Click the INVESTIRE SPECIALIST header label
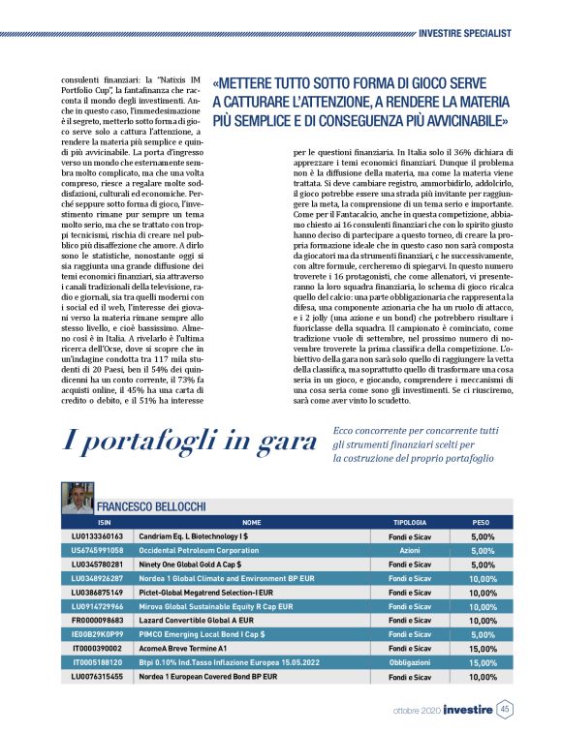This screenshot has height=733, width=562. (x=464, y=32)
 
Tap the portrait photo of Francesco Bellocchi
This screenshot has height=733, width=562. (x=77, y=500)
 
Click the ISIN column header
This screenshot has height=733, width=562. (x=98, y=521)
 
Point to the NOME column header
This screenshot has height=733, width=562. (x=251, y=521)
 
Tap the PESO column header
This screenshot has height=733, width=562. (x=482, y=521)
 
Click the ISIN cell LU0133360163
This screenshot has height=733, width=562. (x=98, y=535)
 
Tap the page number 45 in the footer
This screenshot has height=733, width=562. (x=505, y=710)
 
